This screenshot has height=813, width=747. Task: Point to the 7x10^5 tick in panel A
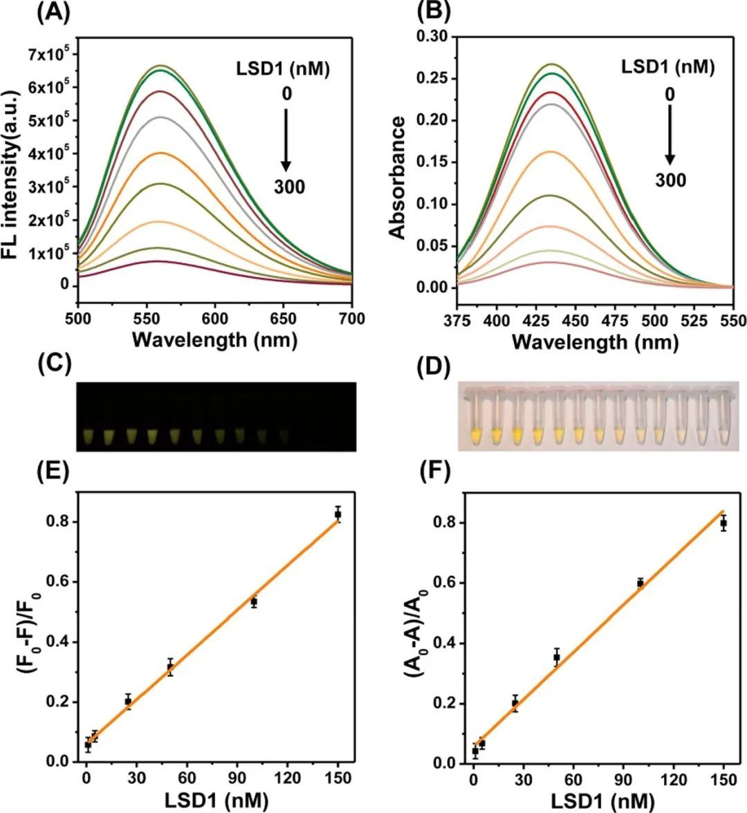click(50, 54)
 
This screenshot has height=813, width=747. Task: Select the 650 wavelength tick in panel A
click(284, 319)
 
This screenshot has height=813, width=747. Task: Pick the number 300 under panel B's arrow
click(671, 180)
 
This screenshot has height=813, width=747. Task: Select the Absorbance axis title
click(398, 178)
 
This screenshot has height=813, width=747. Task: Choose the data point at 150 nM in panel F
click(723, 523)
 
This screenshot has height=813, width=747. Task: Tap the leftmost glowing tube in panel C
click(88, 436)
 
